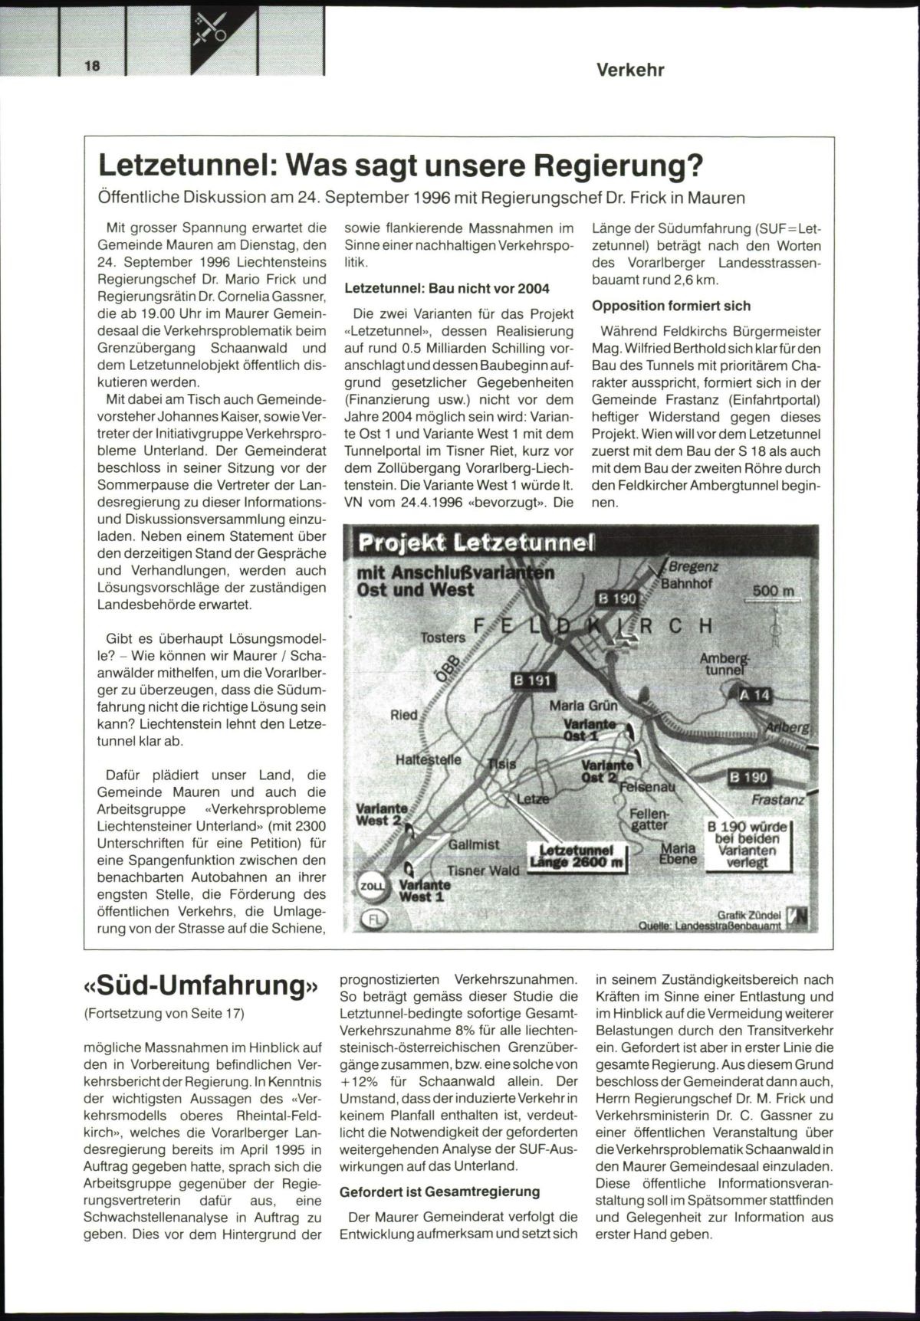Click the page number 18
[x=93, y=66]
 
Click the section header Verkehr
[x=630, y=70]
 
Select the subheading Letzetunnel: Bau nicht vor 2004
[x=447, y=289]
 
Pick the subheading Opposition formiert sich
[x=671, y=306]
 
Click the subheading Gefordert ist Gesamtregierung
[x=440, y=1192]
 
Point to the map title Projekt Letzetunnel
[x=476, y=542]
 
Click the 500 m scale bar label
[x=774, y=591]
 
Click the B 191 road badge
[x=531, y=680]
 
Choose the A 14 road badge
[x=754, y=696]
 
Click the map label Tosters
[x=443, y=637]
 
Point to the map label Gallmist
[x=474, y=844]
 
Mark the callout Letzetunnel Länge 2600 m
[x=577, y=857]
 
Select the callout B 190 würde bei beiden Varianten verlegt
[x=747, y=844]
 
